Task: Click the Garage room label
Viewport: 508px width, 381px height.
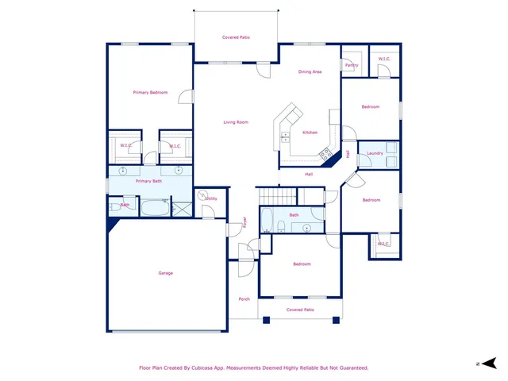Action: point(165,273)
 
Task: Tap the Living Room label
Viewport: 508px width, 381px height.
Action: point(236,122)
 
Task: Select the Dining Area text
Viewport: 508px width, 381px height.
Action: point(310,72)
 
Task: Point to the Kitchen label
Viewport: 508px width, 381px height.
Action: point(310,133)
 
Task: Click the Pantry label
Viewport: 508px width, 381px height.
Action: point(352,65)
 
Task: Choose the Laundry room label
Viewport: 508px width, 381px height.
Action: point(375,153)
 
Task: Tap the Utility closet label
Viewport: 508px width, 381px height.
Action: point(211,198)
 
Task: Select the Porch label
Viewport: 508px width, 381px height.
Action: point(244,299)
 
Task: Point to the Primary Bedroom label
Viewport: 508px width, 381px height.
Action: point(150,93)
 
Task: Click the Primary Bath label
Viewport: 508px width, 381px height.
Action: point(148,181)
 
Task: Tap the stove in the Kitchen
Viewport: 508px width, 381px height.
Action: point(325,153)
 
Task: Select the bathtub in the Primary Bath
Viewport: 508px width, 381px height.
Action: point(151,208)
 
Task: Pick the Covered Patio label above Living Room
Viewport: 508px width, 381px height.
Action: point(236,37)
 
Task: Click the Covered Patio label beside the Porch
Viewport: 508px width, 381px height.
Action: point(300,310)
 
